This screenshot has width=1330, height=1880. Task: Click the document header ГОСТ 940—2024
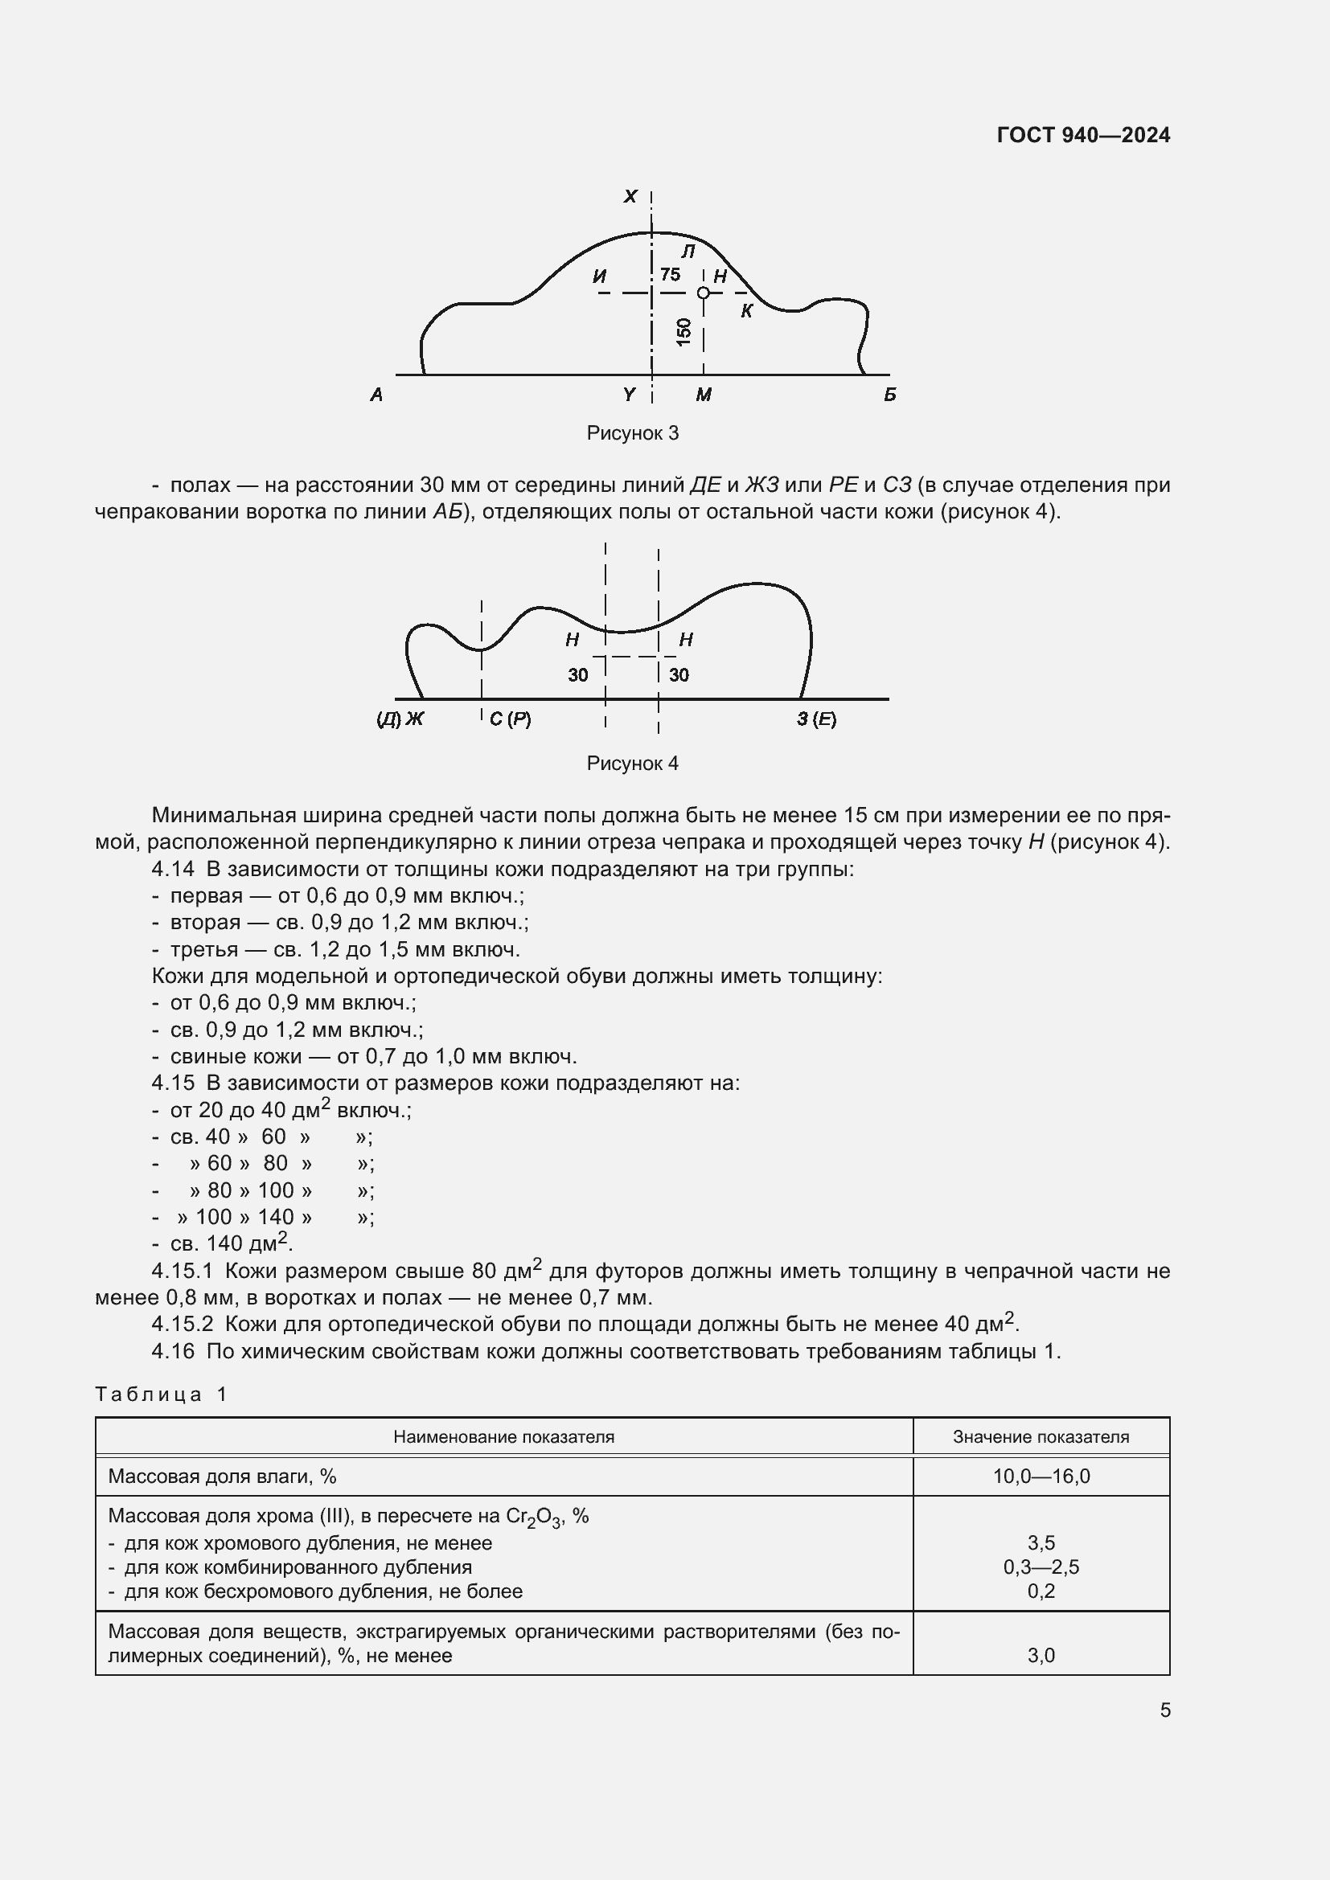click(x=1082, y=135)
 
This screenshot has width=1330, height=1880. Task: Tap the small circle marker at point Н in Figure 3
click(x=703, y=293)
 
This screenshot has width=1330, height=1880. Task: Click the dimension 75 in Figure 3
click(x=670, y=274)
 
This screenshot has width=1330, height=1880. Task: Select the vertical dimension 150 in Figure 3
click(x=683, y=332)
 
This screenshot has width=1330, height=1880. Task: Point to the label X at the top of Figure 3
click(x=630, y=196)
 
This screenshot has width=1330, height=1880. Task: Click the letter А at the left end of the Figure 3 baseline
click(x=376, y=395)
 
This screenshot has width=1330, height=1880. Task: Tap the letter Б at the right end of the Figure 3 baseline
click(x=889, y=395)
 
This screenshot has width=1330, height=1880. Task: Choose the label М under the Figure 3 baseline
click(x=704, y=395)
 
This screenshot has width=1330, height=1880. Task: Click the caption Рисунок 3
click(x=632, y=433)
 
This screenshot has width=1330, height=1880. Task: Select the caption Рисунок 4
click(x=632, y=763)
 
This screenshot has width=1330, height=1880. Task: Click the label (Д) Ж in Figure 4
click(x=400, y=719)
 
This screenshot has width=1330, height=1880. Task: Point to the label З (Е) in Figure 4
click(x=816, y=719)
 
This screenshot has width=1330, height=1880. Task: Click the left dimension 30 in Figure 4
click(x=577, y=674)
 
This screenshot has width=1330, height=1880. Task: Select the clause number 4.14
click(x=173, y=869)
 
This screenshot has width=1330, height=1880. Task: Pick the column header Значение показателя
click(x=1040, y=1436)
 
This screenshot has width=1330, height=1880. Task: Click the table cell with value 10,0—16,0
click(x=1041, y=1477)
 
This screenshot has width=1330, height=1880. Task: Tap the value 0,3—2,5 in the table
click(x=1041, y=1567)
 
